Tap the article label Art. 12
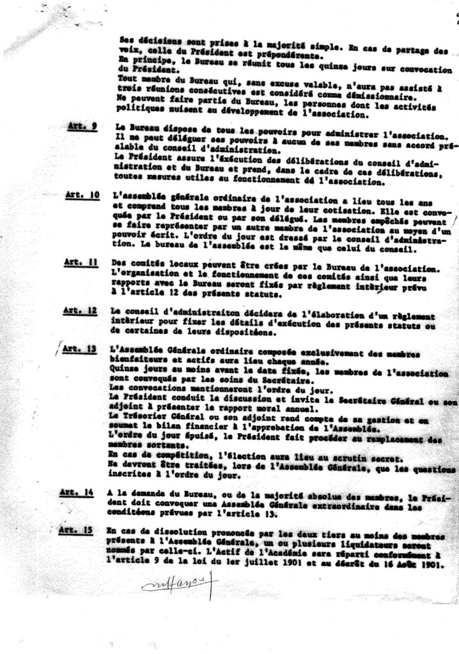pos(82,310)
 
